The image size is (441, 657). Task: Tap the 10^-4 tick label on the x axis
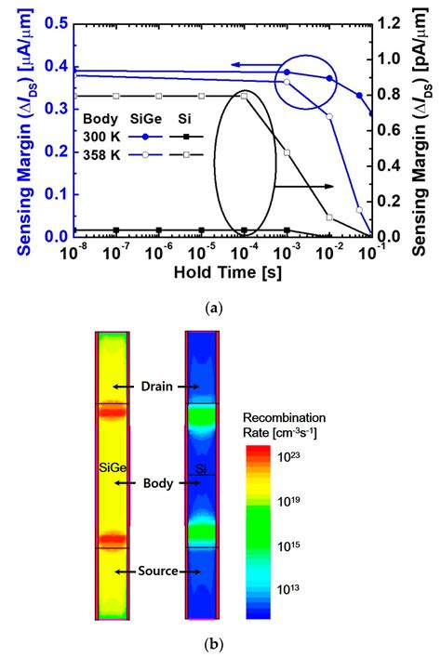pos(244,252)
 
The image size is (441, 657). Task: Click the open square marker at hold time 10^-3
pos(287,152)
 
